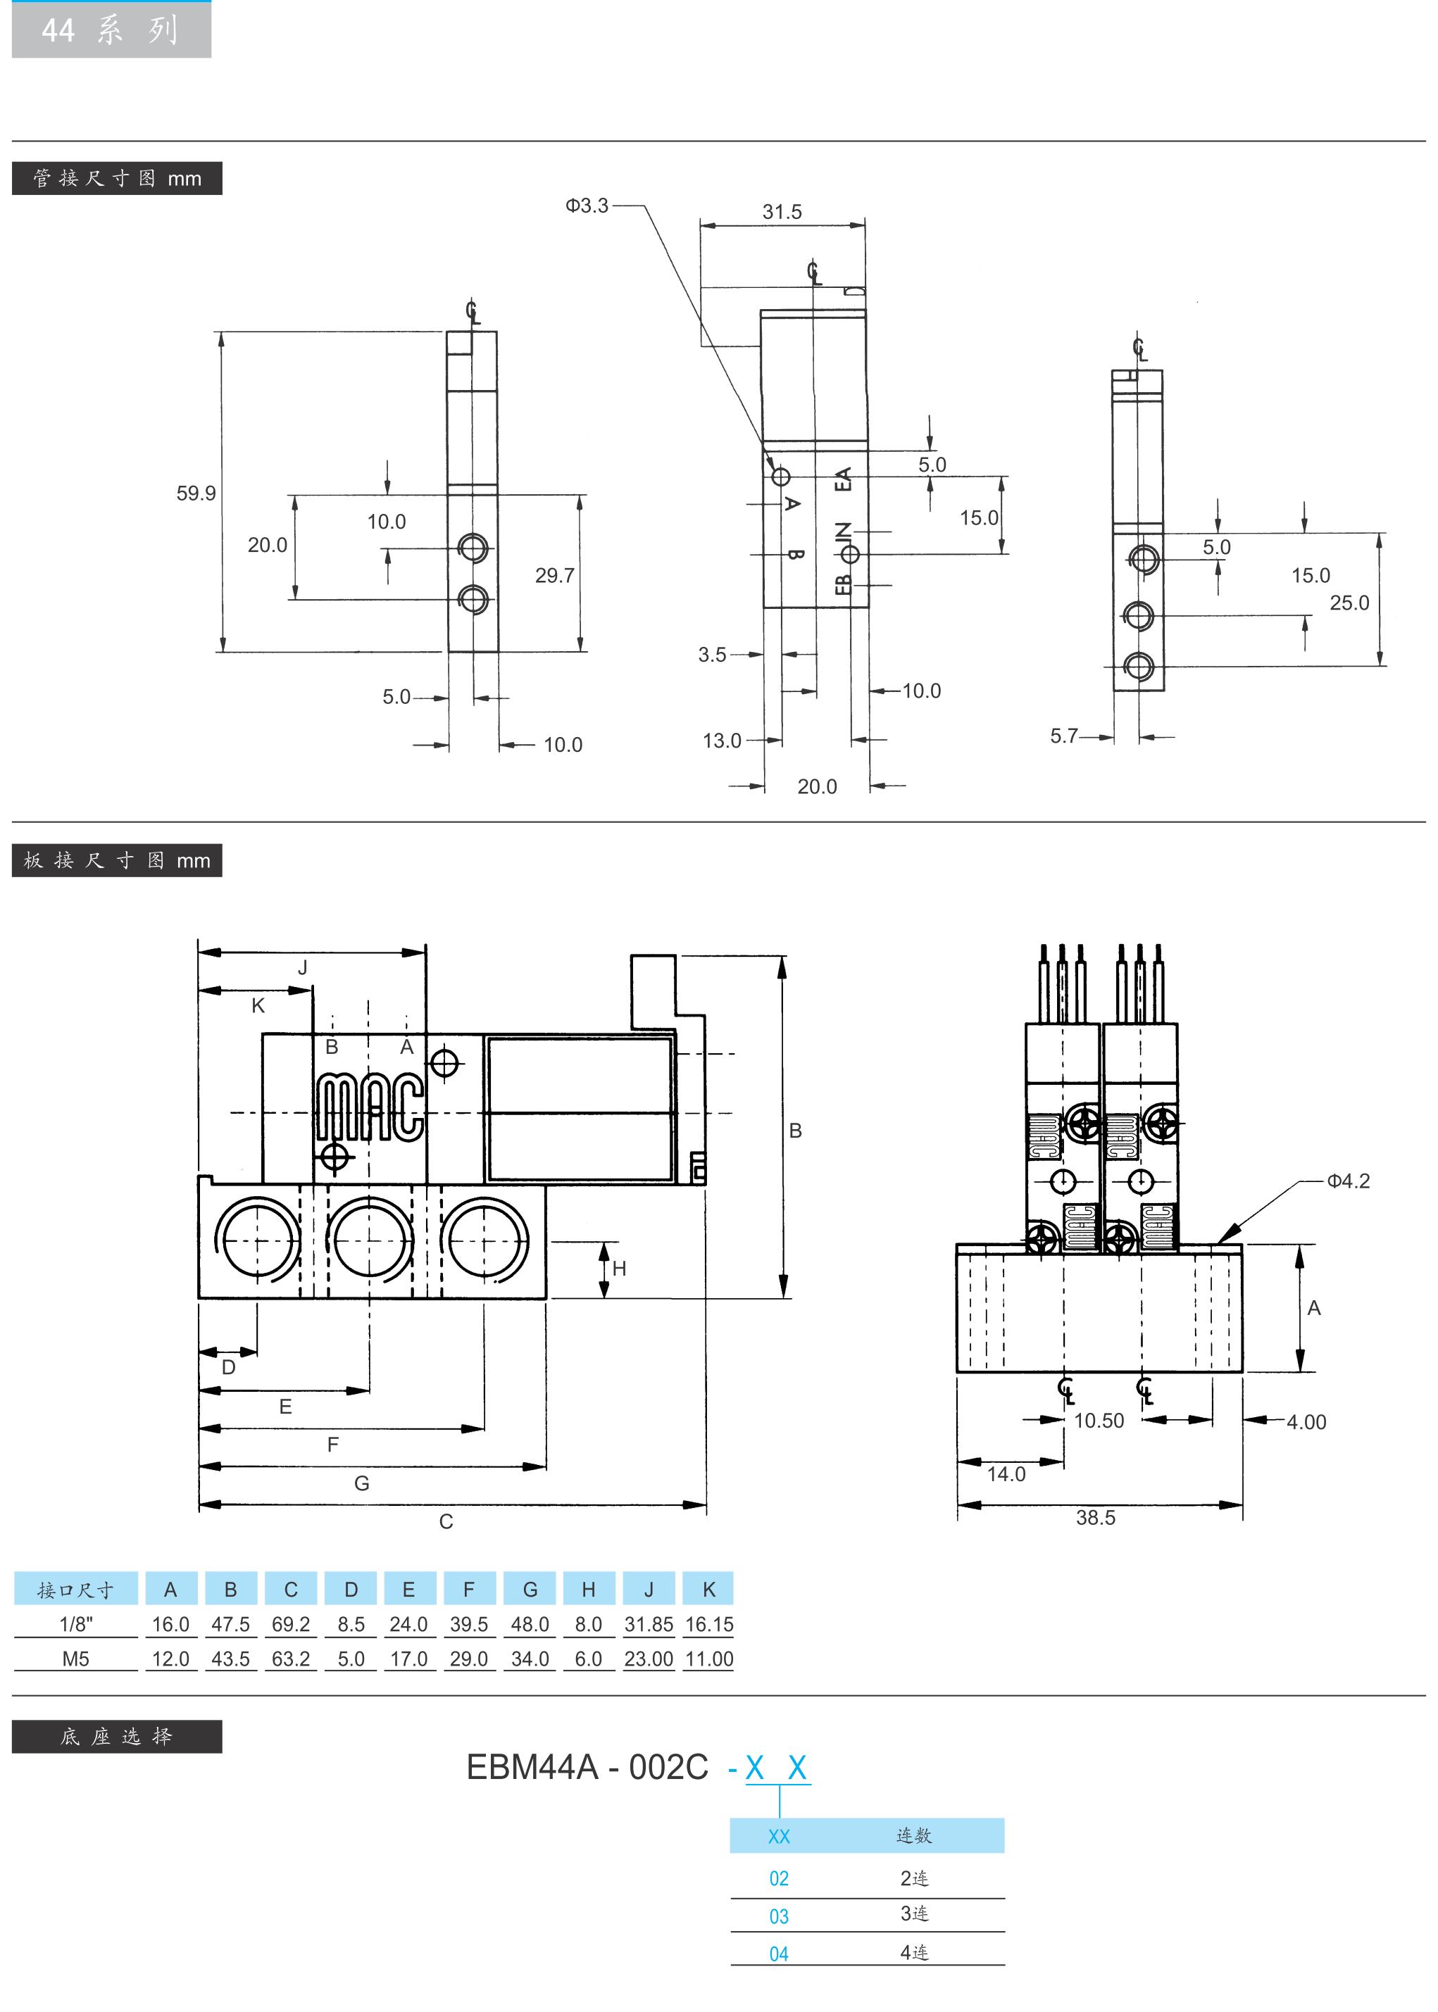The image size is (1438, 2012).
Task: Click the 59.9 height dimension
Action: click(196, 493)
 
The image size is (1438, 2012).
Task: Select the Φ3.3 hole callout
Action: click(587, 206)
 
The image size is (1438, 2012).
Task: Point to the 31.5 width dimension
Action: click(782, 213)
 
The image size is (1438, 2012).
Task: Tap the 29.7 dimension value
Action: click(554, 575)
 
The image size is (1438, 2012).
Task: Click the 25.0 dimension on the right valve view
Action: click(1349, 603)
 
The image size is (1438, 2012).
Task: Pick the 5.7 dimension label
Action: click(1064, 736)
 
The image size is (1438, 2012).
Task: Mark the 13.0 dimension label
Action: click(722, 740)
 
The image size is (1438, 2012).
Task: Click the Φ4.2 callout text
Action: click(1348, 1181)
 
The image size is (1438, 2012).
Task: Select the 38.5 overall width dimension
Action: click(1095, 1517)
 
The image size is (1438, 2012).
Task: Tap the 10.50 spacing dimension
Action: click(1099, 1421)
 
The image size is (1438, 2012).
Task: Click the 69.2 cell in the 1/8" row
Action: click(290, 1624)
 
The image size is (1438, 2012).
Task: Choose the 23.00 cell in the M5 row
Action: click(648, 1659)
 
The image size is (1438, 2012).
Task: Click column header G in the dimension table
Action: click(530, 1590)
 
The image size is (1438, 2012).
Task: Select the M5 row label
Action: click(75, 1659)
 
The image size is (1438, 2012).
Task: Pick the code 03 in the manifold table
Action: click(778, 1916)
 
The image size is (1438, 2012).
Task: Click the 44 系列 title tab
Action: click(111, 30)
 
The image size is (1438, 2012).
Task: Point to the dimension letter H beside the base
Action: click(619, 1269)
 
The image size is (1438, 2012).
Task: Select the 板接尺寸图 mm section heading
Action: click(117, 860)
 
